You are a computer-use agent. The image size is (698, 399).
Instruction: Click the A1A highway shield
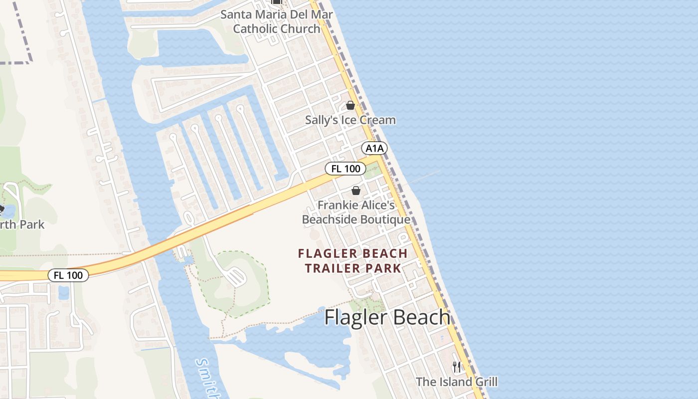[374, 148]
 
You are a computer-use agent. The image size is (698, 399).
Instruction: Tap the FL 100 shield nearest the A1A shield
[346, 169]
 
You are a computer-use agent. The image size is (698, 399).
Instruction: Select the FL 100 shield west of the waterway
[68, 275]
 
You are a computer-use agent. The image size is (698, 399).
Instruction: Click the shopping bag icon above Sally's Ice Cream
[350, 105]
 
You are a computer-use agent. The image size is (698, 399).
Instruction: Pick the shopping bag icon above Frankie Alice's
[356, 190]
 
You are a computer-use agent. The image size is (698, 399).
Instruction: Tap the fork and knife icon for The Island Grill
[457, 368]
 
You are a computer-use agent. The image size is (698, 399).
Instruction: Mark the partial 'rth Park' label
[22, 225]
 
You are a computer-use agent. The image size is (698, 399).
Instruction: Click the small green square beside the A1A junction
[372, 171]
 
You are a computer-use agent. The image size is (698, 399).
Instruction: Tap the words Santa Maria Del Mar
[277, 14]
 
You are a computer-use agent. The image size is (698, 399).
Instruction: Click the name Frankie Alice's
[356, 205]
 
